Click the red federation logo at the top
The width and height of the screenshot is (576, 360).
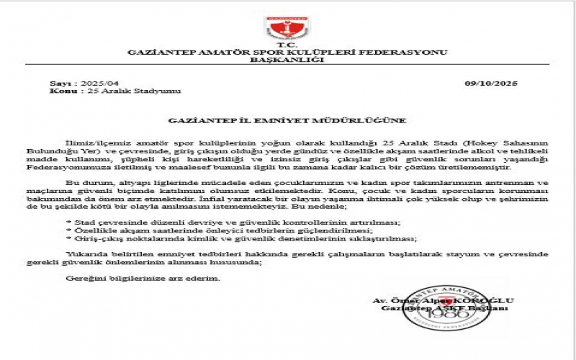(287, 27)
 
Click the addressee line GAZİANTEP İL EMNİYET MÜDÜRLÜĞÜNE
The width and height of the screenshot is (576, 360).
(287, 120)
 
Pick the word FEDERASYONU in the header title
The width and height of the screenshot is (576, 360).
(411, 53)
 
